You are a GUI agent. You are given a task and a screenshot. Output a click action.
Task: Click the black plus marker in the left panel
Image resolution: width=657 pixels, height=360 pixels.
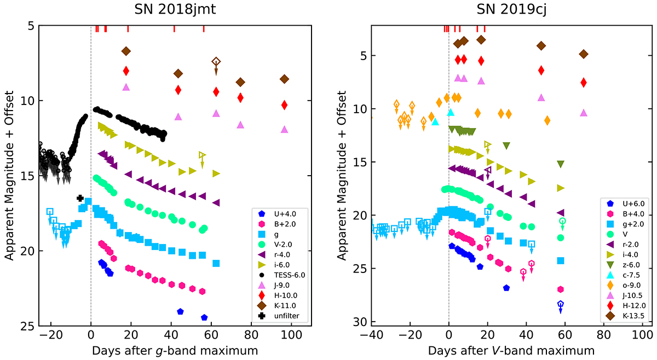pos(80,198)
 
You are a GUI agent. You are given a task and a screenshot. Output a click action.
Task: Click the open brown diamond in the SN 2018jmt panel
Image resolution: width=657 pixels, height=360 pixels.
pos(216,62)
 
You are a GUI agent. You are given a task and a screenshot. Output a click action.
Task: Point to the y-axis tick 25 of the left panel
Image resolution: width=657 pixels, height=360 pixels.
pos(31,327)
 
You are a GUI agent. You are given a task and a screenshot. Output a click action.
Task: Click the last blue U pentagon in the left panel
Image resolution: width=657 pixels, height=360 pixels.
pos(204,317)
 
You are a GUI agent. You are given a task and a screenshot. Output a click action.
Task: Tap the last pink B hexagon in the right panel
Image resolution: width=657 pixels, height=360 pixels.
pos(560,289)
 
